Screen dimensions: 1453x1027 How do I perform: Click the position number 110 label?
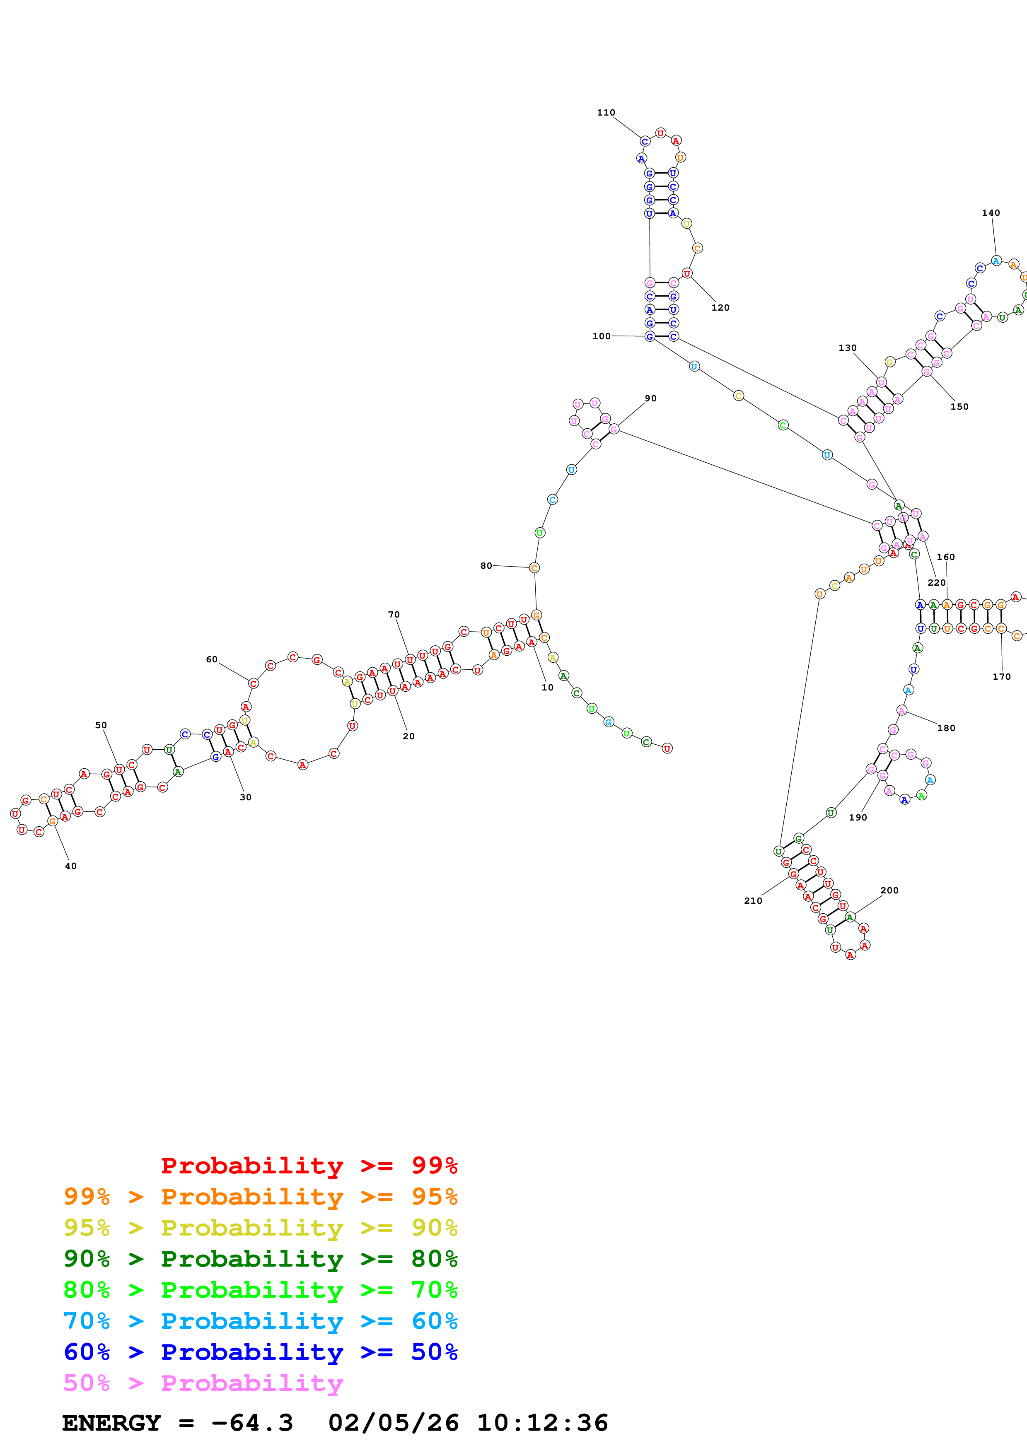tap(606, 113)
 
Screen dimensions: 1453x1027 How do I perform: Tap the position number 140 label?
tap(990, 212)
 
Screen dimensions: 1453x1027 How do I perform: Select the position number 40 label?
tap(71, 866)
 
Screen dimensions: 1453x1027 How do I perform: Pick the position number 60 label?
tap(211, 659)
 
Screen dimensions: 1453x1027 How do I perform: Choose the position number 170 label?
tap(1001, 676)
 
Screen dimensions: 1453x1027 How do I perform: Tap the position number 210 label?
tap(752, 900)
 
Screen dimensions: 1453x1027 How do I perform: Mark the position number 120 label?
tap(720, 308)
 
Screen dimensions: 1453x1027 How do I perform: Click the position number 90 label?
tap(650, 398)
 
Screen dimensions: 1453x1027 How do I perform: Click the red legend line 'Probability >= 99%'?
tap(309, 1166)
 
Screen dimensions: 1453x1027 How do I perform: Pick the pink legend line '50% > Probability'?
tap(203, 1383)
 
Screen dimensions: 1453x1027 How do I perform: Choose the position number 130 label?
tap(847, 348)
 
